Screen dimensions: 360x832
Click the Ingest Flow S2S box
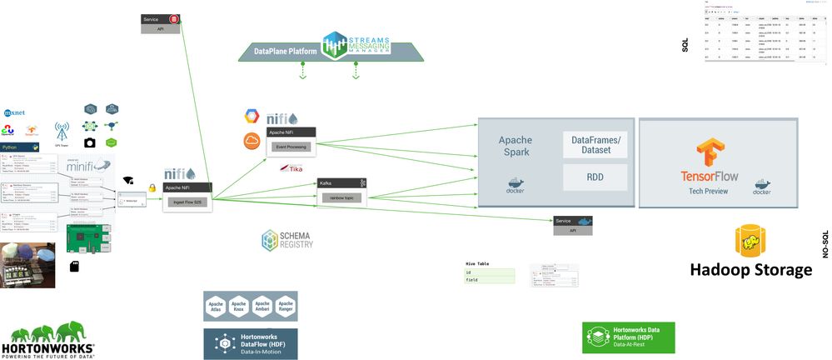187,201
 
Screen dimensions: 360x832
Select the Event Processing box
289,147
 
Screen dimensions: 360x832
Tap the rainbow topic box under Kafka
341,197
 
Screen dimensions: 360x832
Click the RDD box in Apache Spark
595,177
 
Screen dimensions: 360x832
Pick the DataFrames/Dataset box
595,144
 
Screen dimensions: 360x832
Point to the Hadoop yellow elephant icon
750,241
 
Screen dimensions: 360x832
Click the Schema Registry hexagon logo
272,241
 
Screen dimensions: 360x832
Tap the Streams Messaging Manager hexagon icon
334,46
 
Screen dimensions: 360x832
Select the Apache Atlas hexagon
216,306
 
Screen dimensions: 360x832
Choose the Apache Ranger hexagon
286,306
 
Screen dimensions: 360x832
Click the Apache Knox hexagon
239,306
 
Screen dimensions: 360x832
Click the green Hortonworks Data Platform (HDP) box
628,337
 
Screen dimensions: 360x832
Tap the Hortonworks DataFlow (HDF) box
250,343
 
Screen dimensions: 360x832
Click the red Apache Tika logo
291,169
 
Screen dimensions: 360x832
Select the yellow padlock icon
152,188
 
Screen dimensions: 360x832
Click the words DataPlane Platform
286,51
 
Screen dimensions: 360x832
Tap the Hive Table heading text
477,263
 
